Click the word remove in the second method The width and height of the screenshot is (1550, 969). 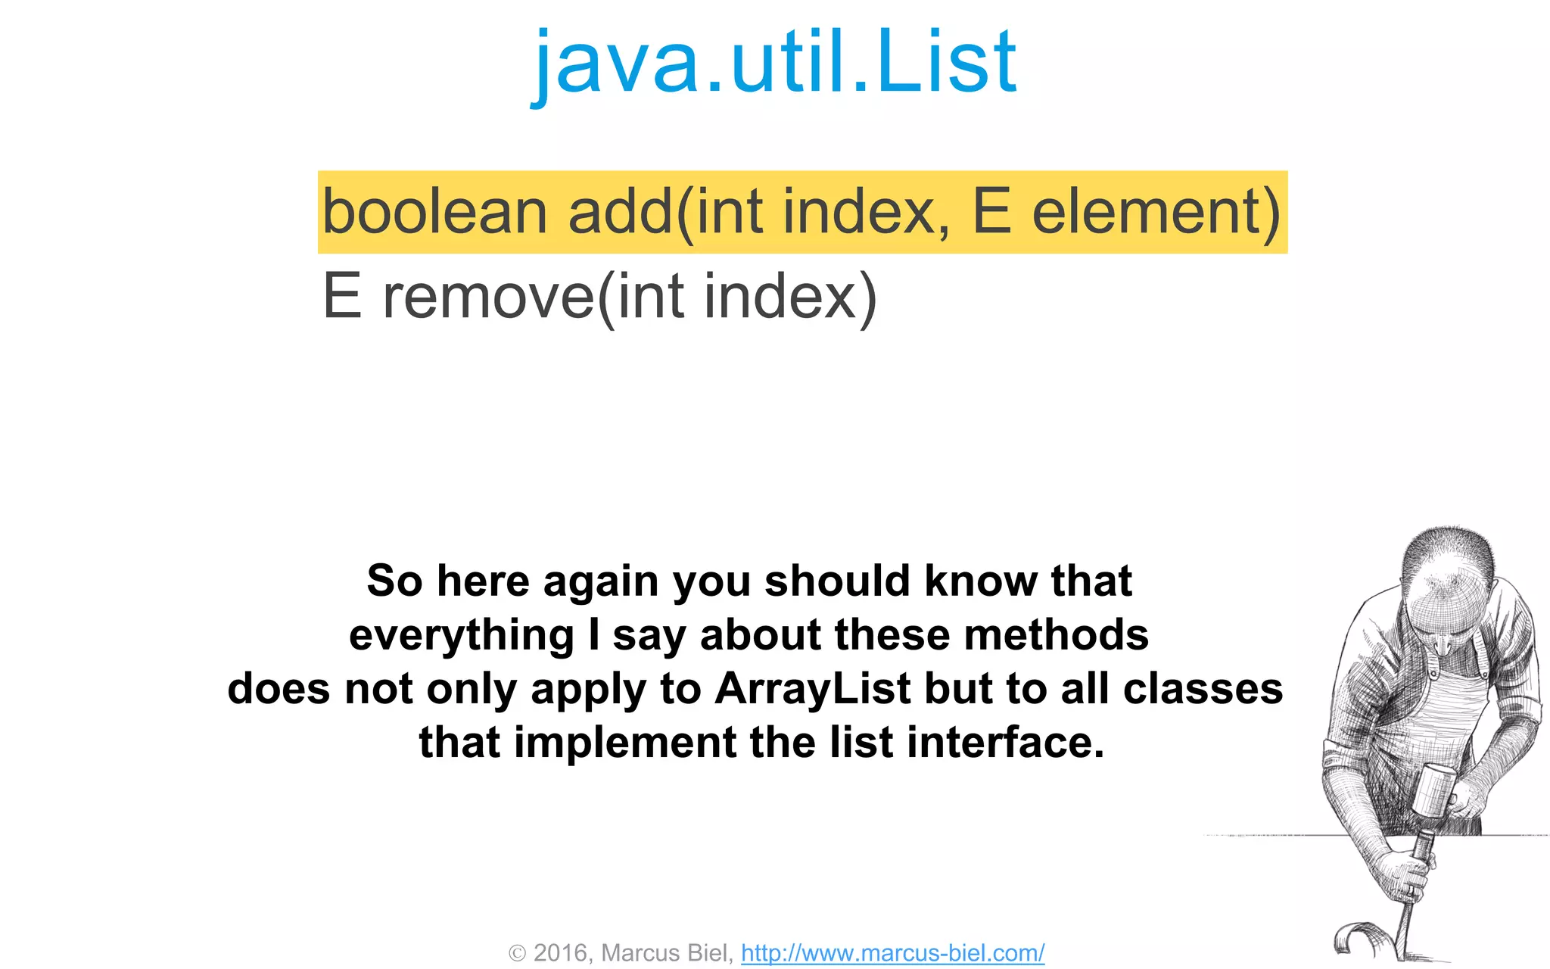point(489,298)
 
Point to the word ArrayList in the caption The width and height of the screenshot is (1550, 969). point(813,689)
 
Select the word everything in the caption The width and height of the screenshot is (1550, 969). point(462,635)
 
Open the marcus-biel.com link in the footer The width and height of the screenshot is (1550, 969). point(892,953)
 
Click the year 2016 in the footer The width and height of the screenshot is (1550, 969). point(561,953)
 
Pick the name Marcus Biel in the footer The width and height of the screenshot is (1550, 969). point(666,953)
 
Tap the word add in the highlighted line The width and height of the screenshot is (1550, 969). point(620,213)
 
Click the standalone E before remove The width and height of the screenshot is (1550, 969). point(341,297)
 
